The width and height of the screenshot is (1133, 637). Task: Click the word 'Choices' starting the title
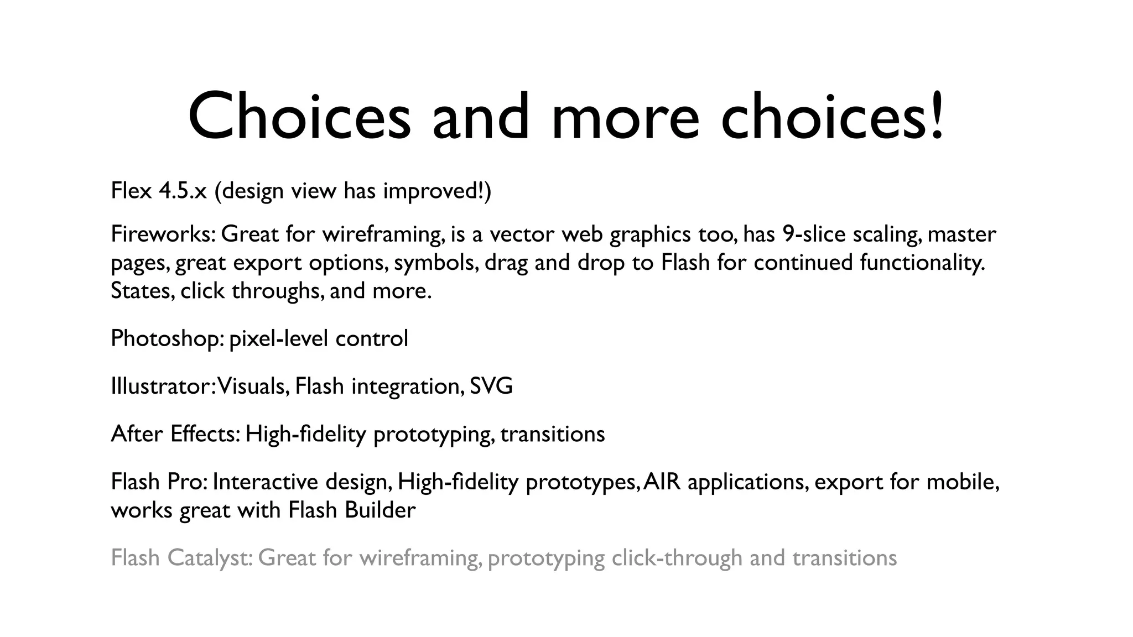pos(299,118)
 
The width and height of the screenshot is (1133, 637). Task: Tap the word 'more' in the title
pos(626,118)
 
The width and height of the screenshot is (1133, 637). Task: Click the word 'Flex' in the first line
pos(131,191)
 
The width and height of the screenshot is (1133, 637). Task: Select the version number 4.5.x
pos(183,191)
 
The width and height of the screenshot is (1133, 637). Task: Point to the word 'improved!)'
pos(436,191)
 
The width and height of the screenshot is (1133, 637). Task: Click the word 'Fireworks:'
pos(163,234)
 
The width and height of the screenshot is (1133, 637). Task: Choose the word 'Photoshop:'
pos(167,338)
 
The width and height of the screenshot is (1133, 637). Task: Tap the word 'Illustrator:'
pos(163,386)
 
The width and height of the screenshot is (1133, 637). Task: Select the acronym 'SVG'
pos(491,386)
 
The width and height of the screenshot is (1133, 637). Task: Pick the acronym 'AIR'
pos(662,482)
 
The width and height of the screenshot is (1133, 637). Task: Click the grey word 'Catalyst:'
pos(210,557)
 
